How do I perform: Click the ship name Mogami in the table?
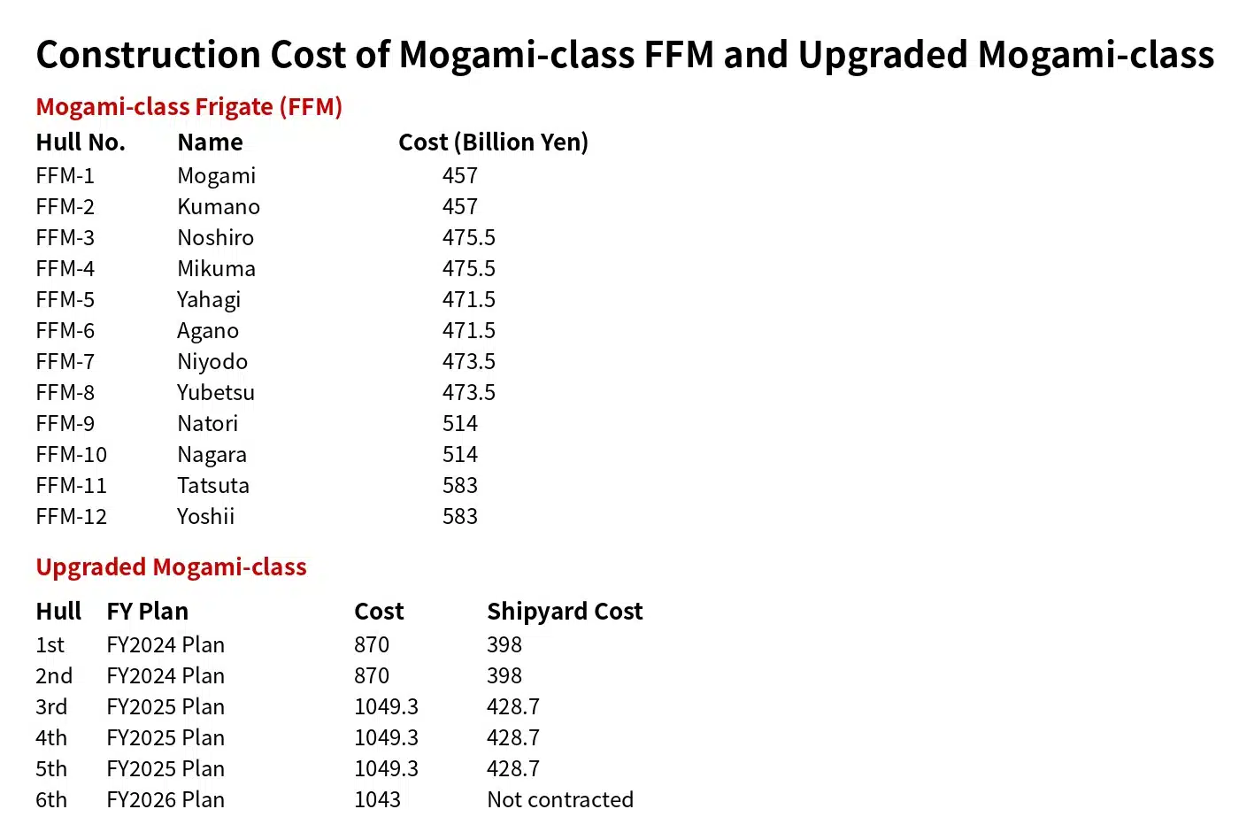(216, 176)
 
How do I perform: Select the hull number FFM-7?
(65, 362)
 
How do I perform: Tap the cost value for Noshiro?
(468, 238)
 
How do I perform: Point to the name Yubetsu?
(215, 393)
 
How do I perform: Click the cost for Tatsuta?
(459, 486)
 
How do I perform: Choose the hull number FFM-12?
(71, 517)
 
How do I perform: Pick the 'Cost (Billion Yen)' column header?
(493, 143)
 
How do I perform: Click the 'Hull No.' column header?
(81, 143)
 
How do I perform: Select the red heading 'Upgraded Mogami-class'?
(171, 567)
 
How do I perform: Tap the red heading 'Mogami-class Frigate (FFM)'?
(189, 107)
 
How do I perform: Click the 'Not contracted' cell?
(559, 800)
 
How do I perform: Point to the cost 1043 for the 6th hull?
(377, 800)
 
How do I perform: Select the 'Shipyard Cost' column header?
(564, 612)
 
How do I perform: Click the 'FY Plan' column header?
(147, 612)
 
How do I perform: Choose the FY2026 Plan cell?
(165, 800)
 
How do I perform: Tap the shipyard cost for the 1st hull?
(504, 645)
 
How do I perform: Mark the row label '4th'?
(51, 738)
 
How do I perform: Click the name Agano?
(207, 331)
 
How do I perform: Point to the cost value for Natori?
(459, 424)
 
